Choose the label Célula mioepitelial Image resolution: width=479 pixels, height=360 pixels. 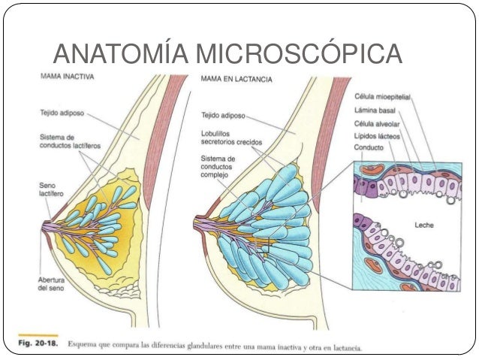pyautogui.click(x=381, y=97)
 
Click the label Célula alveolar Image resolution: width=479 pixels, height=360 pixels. pyautogui.click(x=377, y=123)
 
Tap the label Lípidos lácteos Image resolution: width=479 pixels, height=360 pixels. pyautogui.click(x=378, y=135)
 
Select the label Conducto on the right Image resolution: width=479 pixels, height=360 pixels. pyautogui.click(x=369, y=148)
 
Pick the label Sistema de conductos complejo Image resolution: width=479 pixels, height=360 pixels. pyautogui.click(x=218, y=167)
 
